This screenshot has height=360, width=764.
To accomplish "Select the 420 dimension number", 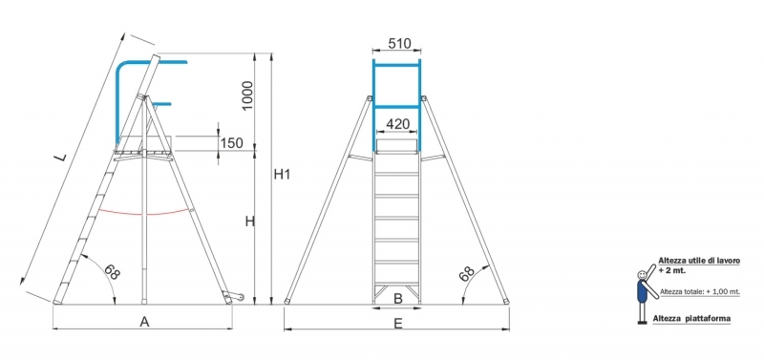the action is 397,124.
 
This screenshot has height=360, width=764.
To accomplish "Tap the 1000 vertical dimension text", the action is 247,95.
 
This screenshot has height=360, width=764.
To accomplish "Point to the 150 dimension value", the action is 231,143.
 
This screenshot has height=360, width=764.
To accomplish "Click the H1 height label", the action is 282,174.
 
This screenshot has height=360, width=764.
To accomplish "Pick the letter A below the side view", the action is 144,322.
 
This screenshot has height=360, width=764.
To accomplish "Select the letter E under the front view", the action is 398,324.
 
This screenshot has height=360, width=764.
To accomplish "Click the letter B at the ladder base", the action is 398,299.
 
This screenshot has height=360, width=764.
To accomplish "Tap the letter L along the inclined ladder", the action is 59,157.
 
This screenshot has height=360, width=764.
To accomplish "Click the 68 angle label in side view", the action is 111,272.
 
